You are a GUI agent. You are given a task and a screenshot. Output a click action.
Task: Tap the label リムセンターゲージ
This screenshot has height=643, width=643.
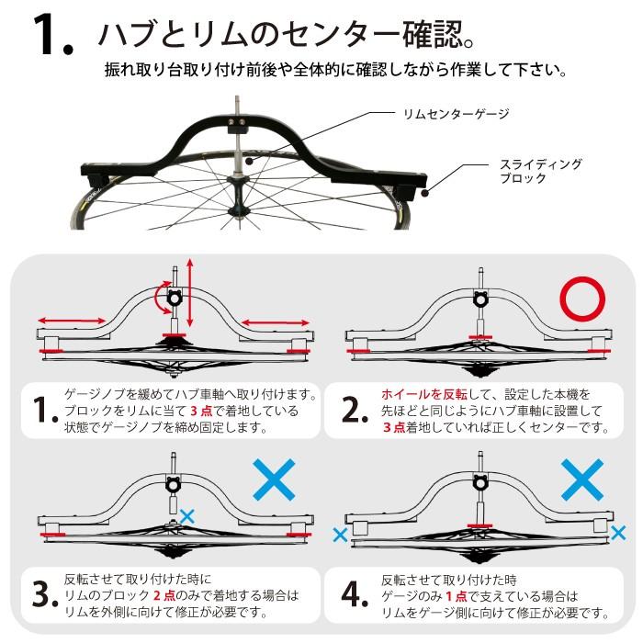click(x=456, y=114)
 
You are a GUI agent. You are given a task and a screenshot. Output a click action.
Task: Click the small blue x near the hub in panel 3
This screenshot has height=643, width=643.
click(x=187, y=516)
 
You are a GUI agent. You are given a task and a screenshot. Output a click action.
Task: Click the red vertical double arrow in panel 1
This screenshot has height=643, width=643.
click(x=190, y=292)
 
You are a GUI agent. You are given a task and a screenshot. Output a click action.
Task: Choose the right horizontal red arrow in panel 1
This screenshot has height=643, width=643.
click(x=275, y=321)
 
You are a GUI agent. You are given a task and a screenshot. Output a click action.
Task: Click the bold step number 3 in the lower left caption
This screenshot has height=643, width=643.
click(x=45, y=596)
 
